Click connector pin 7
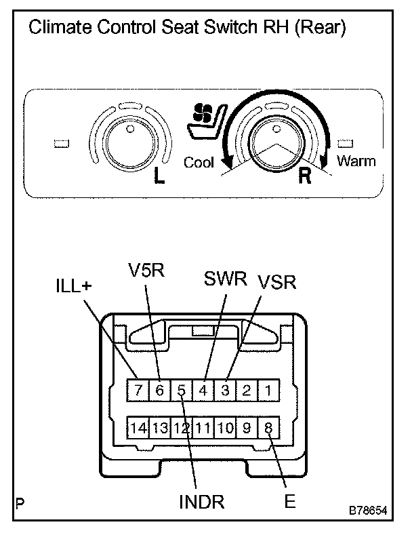pyautogui.click(x=138, y=390)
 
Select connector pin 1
pyautogui.click(x=269, y=390)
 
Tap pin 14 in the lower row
pyautogui.click(x=138, y=428)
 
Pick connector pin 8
pyautogui.click(x=269, y=428)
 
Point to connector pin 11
pyautogui.click(x=203, y=428)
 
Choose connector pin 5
pyautogui.click(x=182, y=390)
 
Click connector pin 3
pyautogui.click(x=226, y=390)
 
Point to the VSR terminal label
pyautogui.click(x=276, y=281)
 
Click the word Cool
pyautogui.click(x=199, y=162)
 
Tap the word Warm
pyautogui.click(x=356, y=161)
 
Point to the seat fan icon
pyautogui.click(x=204, y=121)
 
